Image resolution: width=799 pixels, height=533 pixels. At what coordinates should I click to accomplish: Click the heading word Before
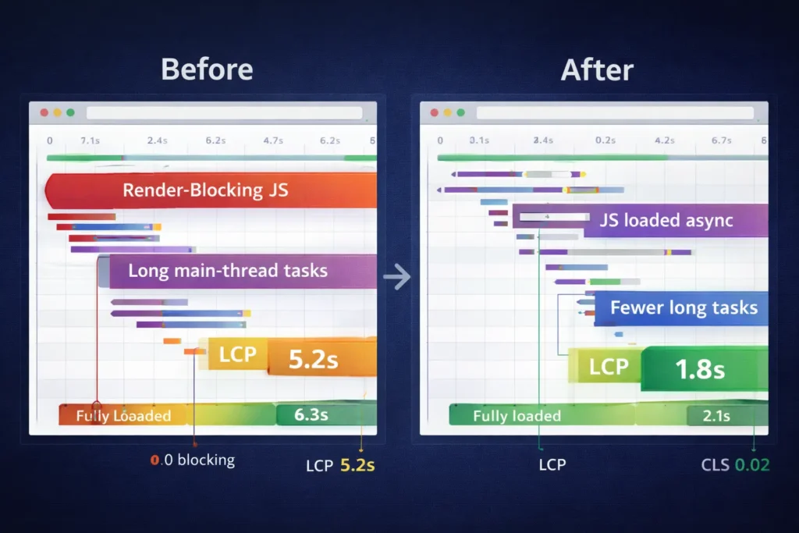(207, 69)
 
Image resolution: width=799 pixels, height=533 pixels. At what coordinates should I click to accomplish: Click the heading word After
(597, 69)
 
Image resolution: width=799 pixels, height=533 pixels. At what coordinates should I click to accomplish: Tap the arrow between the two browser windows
(397, 276)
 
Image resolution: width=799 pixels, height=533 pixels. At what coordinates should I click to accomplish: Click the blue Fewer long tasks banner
(683, 307)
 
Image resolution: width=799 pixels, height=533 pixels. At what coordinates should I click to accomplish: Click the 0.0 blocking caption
(192, 460)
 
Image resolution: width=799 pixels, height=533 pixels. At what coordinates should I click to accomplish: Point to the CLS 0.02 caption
(735, 465)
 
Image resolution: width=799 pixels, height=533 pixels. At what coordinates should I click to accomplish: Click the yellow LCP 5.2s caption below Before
(340, 466)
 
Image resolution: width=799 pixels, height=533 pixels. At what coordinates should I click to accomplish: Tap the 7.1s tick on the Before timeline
(90, 140)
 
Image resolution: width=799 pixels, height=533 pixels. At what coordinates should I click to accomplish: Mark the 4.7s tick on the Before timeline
(272, 140)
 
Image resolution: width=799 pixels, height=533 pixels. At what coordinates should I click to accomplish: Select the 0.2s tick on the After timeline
(605, 140)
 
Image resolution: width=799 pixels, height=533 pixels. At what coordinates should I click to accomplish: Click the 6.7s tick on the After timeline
(722, 140)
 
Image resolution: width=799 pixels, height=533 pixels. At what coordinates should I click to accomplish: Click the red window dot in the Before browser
(44, 112)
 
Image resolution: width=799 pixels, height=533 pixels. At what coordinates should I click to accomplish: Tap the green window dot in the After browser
(461, 112)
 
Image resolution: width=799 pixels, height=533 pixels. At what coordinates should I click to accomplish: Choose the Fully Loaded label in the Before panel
(123, 416)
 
